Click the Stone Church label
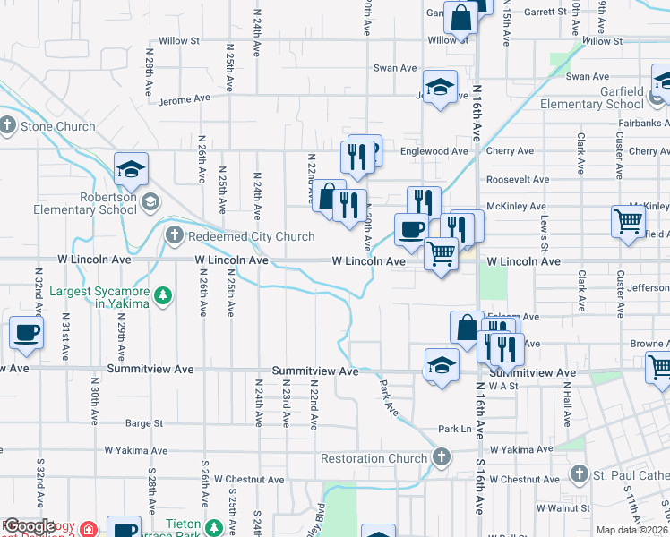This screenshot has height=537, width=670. (57, 126)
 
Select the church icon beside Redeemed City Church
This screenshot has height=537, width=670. (175, 236)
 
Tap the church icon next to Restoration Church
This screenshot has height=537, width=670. (440, 458)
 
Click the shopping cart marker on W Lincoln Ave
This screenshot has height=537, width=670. (441, 255)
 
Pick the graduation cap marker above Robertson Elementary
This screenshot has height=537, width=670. (131, 167)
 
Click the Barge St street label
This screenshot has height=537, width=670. (144, 423)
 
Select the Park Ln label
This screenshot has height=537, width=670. (455, 430)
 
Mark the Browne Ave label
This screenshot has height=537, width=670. (649, 344)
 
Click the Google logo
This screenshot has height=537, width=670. (30, 527)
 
